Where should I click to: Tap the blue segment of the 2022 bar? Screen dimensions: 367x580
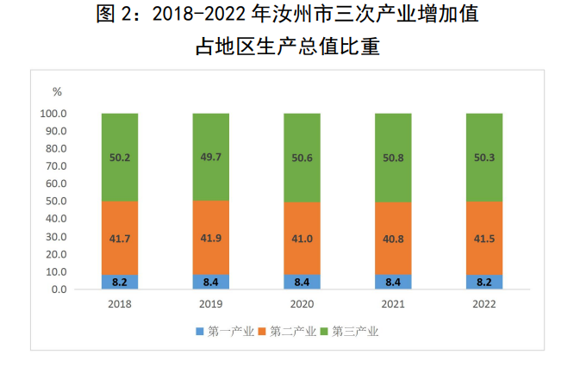(x=484, y=283)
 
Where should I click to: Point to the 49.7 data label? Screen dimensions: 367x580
(x=210, y=158)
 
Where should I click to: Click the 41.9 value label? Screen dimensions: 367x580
(x=210, y=237)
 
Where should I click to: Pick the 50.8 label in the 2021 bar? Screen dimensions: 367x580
(x=393, y=158)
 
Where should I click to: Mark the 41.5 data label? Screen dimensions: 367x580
(x=484, y=237)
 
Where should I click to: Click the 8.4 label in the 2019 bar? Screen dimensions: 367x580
(x=210, y=282)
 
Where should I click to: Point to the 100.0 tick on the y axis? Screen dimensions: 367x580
(x=53, y=114)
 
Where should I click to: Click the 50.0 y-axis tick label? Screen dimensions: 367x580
(x=56, y=202)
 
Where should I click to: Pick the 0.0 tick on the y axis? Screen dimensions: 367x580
(x=59, y=289)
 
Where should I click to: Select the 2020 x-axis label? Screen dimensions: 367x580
(x=302, y=304)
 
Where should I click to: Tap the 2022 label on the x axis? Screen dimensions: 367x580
(x=484, y=304)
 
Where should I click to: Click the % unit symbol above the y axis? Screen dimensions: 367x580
(x=57, y=91)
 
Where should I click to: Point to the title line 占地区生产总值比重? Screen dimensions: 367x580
(x=290, y=46)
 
